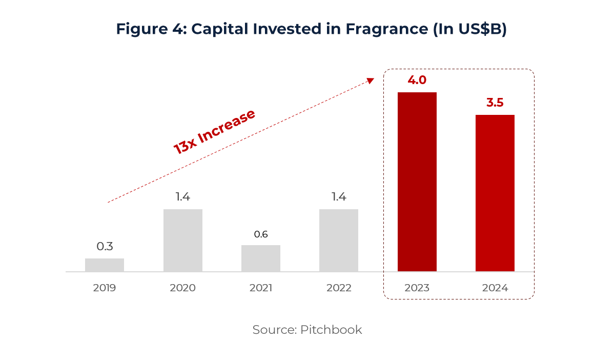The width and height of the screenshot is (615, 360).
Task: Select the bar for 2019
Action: pyautogui.click(x=105, y=265)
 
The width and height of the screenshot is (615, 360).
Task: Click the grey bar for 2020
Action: pyautogui.click(x=183, y=240)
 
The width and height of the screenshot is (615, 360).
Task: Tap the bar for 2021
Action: pyautogui.click(x=261, y=258)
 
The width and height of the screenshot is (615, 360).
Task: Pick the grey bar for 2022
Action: pyautogui.click(x=339, y=240)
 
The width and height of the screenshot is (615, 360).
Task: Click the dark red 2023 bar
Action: pyautogui.click(x=417, y=182)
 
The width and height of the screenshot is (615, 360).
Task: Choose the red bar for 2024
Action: pyautogui.click(x=495, y=193)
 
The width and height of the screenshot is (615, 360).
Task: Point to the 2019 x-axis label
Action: pyautogui.click(x=105, y=288)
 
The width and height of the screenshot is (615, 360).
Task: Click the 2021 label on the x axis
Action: pyautogui.click(x=261, y=288)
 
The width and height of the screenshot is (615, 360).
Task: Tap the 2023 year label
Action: pyautogui.click(x=417, y=288)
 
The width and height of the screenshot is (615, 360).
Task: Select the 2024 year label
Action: pyautogui.click(x=495, y=288)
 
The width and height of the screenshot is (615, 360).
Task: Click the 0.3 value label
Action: pyautogui.click(x=105, y=246)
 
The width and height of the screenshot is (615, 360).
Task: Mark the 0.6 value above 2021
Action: pyautogui.click(x=261, y=234)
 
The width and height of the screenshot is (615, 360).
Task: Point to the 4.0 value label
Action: pyautogui.click(x=417, y=80)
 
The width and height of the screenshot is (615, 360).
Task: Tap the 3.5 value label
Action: pyautogui.click(x=495, y=103)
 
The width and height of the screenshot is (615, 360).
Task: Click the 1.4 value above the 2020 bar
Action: pyautogui.click(x=183, y=197)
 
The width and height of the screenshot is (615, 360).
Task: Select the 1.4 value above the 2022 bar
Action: pyautogui.click(x=339, y=197)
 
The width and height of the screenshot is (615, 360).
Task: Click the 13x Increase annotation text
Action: pyautogui.click(x=214, y=132)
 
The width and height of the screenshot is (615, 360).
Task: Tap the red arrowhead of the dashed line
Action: pyautogui.click(x=371, y=81)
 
